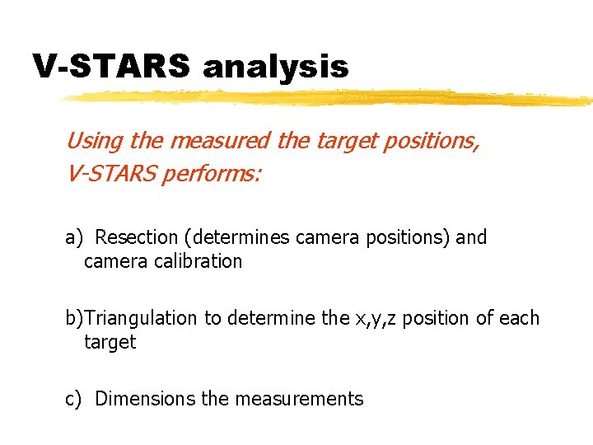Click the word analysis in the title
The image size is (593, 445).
tap(275, 66)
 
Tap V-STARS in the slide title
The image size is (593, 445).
tap(111, 66)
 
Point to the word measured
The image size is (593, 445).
tap(219, 140)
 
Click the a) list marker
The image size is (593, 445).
tap(75, 237)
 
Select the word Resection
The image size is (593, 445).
tap(137, 237)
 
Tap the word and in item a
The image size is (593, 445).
tap(471, 237)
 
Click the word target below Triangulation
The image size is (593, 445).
tap(110, 342)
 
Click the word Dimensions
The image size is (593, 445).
tap(146, 399)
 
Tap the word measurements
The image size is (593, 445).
tap(298, 399)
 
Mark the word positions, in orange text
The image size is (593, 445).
tap(427, 140)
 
